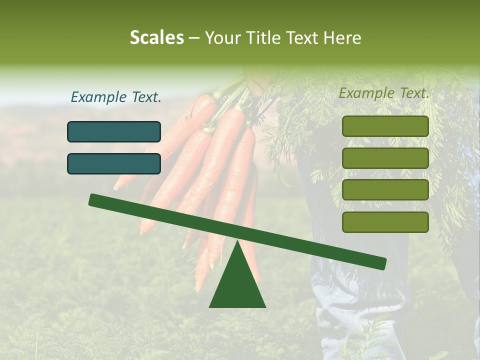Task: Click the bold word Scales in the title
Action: click(156, 37)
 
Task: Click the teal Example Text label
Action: click(116, 97)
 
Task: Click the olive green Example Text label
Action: click(384, 93)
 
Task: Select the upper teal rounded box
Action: click(114, 131)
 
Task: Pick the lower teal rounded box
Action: click(114, 163)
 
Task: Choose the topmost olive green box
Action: click(385, 126)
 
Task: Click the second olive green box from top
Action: click(385, 158)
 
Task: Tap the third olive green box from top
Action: click(385, 190)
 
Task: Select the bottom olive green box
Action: click(385, 222)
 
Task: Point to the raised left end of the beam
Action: click(93, 200)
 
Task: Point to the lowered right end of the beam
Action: click(382, 263)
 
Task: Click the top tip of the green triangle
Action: click(237, 242)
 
